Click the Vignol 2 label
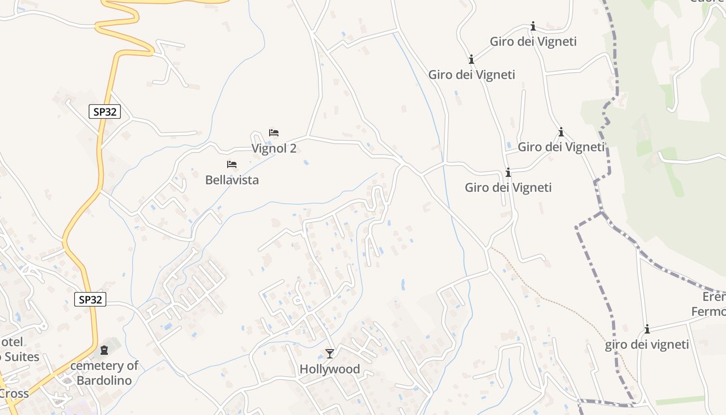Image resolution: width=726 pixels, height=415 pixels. pos(274,148)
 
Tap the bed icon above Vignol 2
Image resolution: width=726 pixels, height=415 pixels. pos(274,133)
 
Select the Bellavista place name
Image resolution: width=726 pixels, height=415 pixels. pos(232,180)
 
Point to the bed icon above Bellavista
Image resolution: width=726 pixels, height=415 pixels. pos(232,164)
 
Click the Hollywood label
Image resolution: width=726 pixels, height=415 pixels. pos(329,369)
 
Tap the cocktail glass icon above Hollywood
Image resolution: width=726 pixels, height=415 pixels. pos(329,354)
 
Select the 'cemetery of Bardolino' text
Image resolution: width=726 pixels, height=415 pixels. pos(104,373)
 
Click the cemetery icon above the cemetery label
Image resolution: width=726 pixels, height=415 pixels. pos(104,351)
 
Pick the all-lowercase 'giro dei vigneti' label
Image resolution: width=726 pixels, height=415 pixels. pos(647,344)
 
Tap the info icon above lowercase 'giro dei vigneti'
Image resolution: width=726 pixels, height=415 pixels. pos(647,329)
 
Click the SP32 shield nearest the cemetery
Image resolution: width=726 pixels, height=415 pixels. pos(90,299)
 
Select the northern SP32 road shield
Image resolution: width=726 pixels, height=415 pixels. pos(105,112)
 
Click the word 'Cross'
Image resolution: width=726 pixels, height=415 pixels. pos(14,394)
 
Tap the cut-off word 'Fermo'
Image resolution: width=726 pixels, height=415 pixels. pos(708,312)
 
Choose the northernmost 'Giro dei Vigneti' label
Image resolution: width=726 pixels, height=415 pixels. pos(533,41)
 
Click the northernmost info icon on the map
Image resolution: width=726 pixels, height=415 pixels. pos(533,26)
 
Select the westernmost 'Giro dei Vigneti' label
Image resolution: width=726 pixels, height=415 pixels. pos(471,75)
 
